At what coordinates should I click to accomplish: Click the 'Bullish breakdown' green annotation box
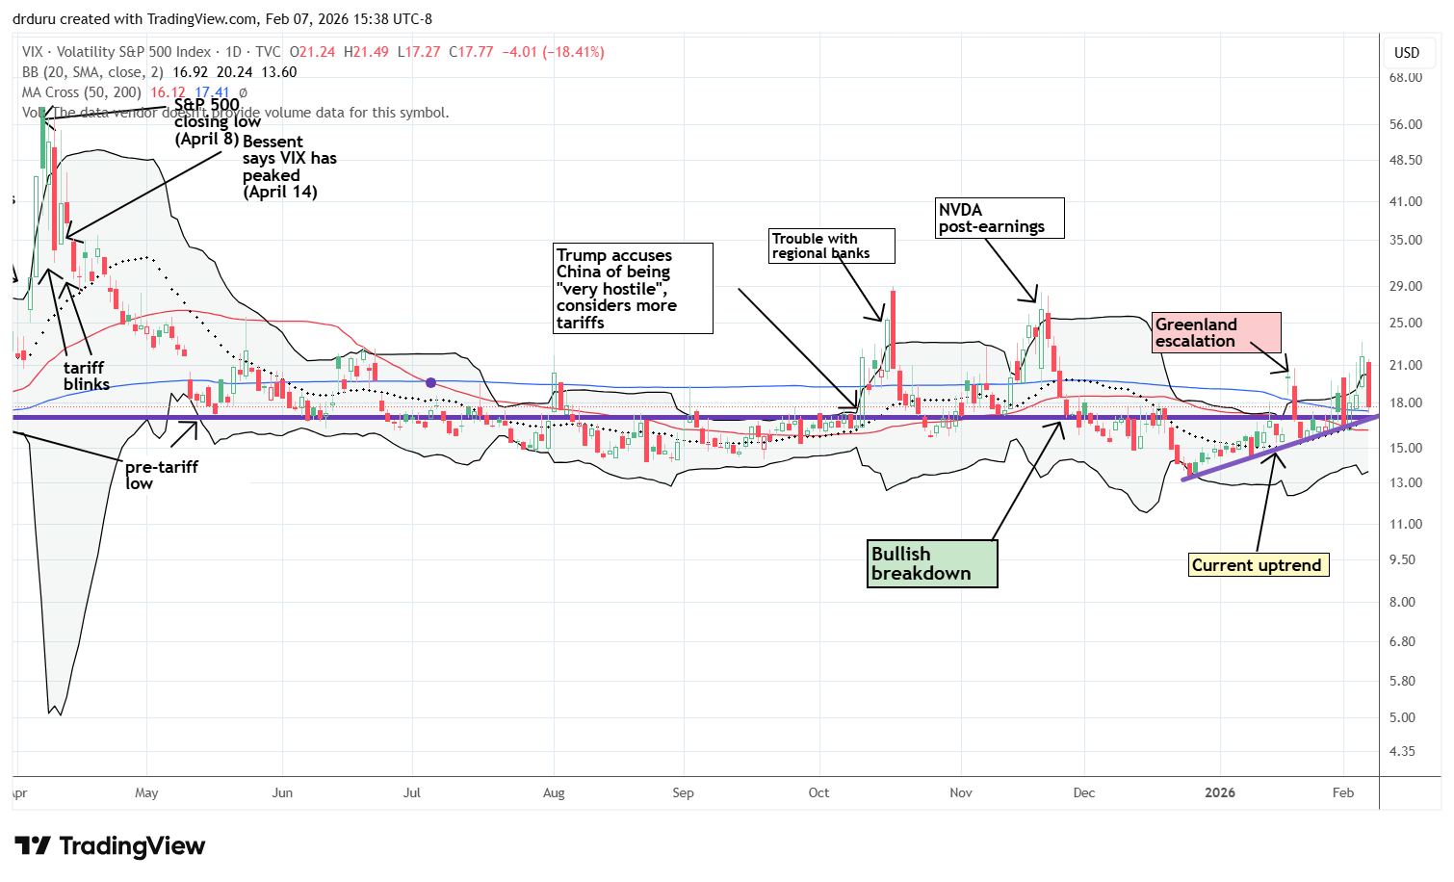931,563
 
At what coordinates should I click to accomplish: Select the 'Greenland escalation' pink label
1216,332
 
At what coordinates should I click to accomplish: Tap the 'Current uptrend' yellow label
1258,565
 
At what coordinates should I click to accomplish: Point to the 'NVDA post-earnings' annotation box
1000,218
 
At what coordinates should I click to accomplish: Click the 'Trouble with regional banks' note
831,246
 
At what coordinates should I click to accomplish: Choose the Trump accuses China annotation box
633,288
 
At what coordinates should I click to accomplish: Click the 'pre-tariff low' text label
160,475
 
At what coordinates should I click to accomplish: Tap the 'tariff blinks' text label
86,376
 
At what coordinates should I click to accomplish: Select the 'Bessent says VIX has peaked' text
289,167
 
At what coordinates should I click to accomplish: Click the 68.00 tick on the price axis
1406,77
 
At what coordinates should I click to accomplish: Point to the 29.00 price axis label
1406,286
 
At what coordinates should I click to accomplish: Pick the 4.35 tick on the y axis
1402,751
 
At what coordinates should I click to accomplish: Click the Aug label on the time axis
554,793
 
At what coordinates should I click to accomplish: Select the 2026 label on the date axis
1220,792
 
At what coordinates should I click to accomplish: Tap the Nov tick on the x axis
961,793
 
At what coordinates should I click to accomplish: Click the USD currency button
1407,52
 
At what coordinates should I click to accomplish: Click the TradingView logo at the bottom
110,846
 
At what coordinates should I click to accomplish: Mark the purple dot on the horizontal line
430,382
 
